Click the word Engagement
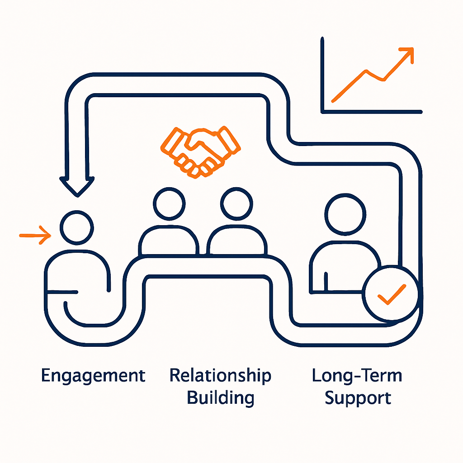click(93, 376)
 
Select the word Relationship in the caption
click(221, 376)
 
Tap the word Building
click(221, 398)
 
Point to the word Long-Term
click(357, 376)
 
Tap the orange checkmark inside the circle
click(392, 294)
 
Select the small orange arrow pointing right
click(35, 235)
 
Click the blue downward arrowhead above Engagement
click(77, 185)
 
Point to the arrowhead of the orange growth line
click(408, 52)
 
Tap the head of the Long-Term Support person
click(345, 214)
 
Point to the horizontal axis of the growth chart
click(371, 111)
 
